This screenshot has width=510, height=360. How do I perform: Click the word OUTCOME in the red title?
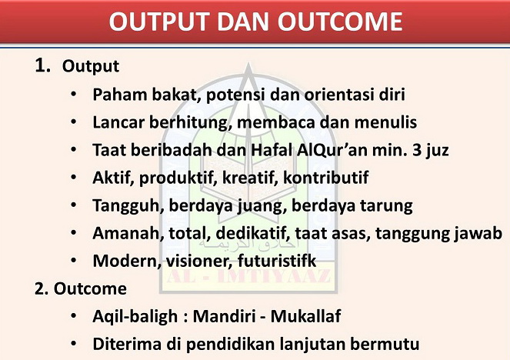pos(340,22)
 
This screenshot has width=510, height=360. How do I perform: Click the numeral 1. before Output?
pos(43,65)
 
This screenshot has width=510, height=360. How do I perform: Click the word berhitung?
pos(190,122)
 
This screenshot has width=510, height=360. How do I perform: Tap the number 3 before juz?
pos(417,150)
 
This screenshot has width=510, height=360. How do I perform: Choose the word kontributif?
pos(326,178)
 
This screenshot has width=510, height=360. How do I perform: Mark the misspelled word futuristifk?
pos(277,261)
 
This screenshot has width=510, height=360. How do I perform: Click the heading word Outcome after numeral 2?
pos(90,288)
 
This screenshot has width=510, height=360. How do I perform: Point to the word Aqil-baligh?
pos(135,316)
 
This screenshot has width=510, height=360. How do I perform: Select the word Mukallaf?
pos(305,316)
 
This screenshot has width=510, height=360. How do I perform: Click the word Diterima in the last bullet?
pos(127,344)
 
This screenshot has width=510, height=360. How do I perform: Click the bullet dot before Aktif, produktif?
pos(74,178)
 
